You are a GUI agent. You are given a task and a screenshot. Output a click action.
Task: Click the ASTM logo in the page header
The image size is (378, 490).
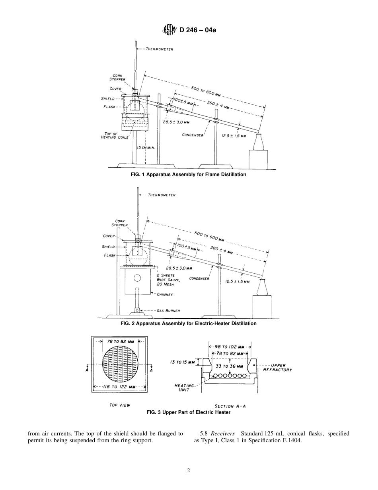169,29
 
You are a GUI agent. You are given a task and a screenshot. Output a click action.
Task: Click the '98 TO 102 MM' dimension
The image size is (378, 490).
230,347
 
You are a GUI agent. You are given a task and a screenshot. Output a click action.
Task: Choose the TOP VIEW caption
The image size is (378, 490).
120,405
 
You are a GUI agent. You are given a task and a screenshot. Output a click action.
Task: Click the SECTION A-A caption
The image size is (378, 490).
230,406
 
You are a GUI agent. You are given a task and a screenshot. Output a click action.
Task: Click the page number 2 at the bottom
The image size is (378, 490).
189,470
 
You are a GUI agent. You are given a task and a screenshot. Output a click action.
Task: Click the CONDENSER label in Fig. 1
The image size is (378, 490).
193,135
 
